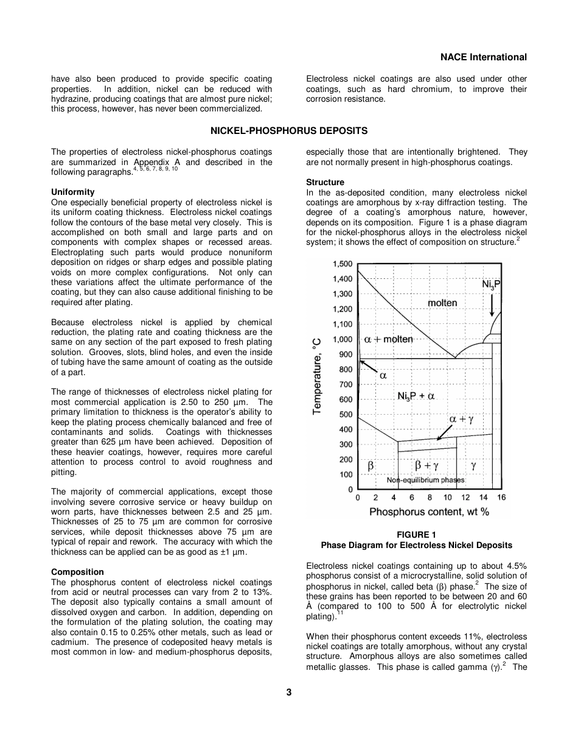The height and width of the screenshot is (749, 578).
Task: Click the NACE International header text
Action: coord(483,57)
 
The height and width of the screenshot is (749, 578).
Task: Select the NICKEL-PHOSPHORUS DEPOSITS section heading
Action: coord(289,131)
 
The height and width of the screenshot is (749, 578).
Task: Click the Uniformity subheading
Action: coord(73,192)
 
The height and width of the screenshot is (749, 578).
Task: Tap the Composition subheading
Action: coord(77,572)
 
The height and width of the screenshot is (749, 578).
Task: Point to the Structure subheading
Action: coord(325,182)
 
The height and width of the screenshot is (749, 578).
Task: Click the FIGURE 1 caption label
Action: coord(417,535)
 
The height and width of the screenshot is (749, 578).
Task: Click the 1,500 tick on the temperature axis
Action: coord(343,264)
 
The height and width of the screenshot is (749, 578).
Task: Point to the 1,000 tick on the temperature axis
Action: coord(343,339)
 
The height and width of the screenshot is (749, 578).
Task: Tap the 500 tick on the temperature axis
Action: coord(346,415)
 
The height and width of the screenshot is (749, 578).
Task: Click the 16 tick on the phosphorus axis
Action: coord(501,498)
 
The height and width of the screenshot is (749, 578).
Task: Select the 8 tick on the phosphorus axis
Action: coord(430,498)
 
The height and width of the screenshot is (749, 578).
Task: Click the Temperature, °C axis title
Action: coord(318,377)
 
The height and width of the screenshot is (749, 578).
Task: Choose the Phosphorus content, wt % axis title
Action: coord(429,512)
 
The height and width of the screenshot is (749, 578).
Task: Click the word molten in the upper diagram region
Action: coord(442,303)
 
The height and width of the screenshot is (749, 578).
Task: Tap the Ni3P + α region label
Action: coord(416,396)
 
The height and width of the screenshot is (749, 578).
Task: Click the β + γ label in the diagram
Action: coord(427,466)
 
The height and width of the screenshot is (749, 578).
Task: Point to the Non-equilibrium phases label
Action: coord(426,480)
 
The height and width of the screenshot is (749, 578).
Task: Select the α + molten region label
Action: coord(388,339)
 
